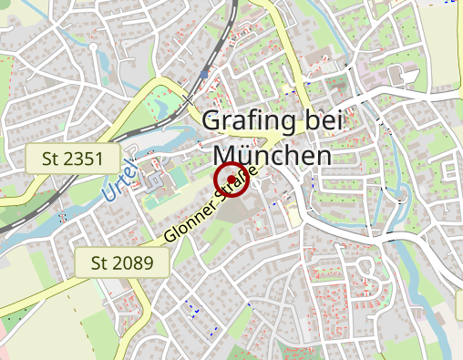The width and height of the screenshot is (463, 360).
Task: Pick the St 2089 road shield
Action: (x=123, y=264)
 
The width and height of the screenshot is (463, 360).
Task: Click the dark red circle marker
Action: (x=231, y=180)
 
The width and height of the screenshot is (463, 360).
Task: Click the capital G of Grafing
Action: (x=211, y=120)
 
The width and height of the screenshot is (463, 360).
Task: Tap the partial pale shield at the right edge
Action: (x=457, y=170)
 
